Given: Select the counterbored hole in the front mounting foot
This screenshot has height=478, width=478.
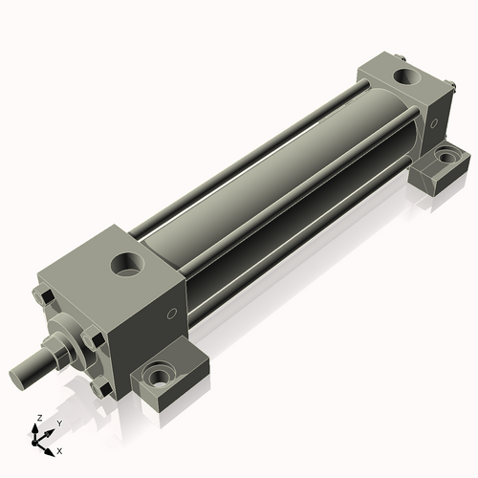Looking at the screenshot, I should (x=157, y=374).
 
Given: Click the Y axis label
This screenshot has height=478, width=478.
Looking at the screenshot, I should (x=58, y=423).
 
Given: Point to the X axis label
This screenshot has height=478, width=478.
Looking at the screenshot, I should (x=60, y=449).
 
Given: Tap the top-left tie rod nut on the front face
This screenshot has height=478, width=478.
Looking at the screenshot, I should (x=42, y=298).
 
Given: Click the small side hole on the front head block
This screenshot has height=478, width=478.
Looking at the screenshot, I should (x=171, y=314).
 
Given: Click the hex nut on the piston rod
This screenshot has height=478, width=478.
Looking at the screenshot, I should (x=57, y=347).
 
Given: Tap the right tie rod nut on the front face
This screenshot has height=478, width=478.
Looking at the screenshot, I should (x=93, y=337).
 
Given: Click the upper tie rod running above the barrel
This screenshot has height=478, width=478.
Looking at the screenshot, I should (x=249, y=143).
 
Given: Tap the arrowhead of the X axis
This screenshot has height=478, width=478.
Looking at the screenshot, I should (x=52, y=446).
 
